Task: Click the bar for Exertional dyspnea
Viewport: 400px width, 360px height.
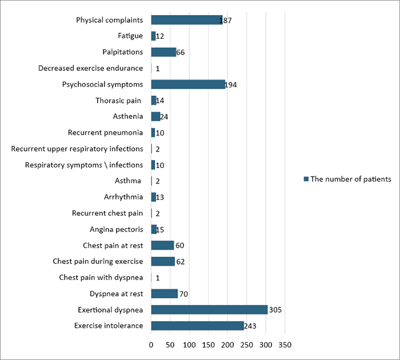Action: [209, 310]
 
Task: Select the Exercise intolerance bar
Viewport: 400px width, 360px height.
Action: [197, 326]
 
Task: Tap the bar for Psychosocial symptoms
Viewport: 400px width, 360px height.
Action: [188, 85]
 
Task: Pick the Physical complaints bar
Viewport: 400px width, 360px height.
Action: [186, 20]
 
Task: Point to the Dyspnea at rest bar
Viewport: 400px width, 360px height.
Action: [164, 294]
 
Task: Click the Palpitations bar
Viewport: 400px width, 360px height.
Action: [163, 52]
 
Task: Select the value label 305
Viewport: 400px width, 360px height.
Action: [276, 310]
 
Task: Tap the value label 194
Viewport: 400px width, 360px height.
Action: [231, 85]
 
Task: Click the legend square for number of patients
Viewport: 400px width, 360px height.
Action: [306, 179]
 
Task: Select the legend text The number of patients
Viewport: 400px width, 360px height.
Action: [351, 179]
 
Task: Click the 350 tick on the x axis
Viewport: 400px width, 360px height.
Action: [285, 345]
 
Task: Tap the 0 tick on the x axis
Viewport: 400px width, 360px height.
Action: [151, 345]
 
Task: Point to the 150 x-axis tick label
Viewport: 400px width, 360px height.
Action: [208, 345]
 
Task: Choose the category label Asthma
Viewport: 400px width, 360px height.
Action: [129, 181]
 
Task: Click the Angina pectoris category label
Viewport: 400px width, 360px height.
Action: [117, 229]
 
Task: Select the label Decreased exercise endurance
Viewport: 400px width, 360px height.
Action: [91, 69]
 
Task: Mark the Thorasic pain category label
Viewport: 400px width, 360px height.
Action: [119, 101]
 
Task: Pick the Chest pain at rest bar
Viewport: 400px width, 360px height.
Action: [162, 245]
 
